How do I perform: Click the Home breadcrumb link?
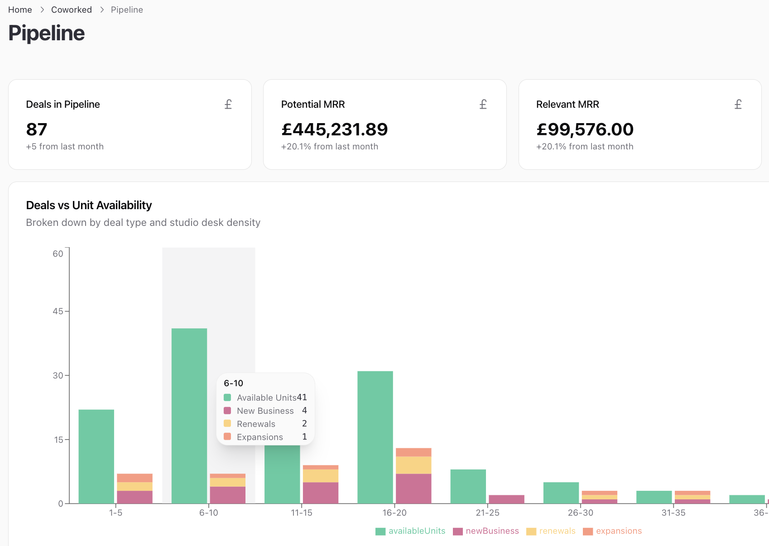point(20,10)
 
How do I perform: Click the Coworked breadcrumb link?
point(71,10)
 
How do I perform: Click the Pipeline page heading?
point(46,33)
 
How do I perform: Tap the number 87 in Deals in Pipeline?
point(37,129)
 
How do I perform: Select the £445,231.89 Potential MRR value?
point(334,129)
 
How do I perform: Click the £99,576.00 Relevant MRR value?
point(585,129)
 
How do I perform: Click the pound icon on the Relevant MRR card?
point(738,105)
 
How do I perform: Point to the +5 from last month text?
point(65,147)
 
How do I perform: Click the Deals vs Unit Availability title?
point(89,205)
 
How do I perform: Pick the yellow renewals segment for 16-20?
point(413,465)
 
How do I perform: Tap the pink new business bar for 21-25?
point(506,499)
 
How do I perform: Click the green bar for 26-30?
point(561,493)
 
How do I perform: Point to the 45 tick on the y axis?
point(58,311)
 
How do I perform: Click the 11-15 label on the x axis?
point(301,513)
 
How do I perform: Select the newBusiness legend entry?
point(486,531)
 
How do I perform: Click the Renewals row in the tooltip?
point(256,424)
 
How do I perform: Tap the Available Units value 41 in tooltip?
point(302,398)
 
